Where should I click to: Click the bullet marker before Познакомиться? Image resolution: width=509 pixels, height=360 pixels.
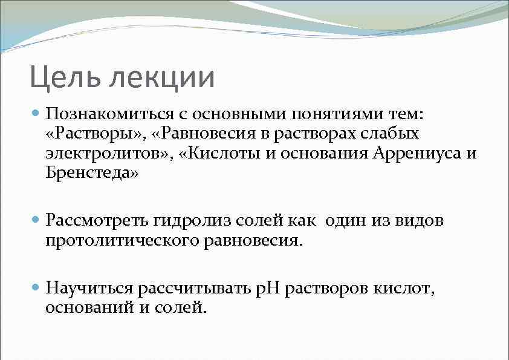(x=35, y=113)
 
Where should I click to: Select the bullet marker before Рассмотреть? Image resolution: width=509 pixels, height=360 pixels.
(x=35, y=220)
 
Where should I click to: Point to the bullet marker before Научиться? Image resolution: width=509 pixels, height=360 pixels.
(x=35, y=287)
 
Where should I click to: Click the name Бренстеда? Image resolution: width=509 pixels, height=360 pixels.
(x=91, y=174)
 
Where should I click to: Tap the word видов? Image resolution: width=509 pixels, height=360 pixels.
(x=420, y=220)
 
